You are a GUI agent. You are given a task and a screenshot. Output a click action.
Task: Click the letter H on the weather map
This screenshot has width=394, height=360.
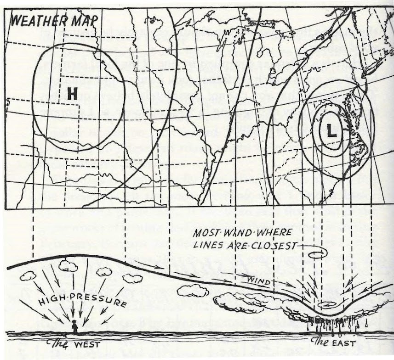pyautogui.click(x=72, y=94)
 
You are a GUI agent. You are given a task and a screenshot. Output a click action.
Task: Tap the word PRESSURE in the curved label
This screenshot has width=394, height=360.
pyautogui.click(x=100, y=303)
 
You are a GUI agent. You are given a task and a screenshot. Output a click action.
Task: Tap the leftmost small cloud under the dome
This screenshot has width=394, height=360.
pyautogui.click(x=28, y=276)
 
